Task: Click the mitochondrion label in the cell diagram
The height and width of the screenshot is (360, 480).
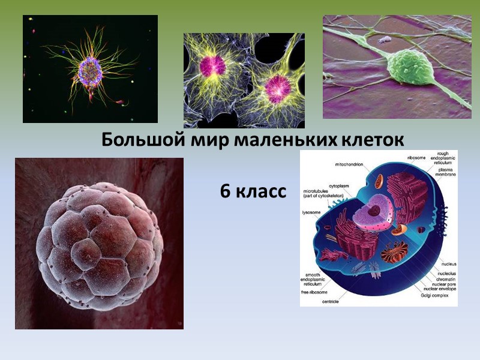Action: coord(349,164)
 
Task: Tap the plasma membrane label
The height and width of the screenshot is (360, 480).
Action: coord(446,172)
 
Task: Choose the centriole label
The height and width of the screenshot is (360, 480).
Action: coord(329,301)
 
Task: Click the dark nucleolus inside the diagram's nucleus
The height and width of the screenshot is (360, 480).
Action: coord(374,211)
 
